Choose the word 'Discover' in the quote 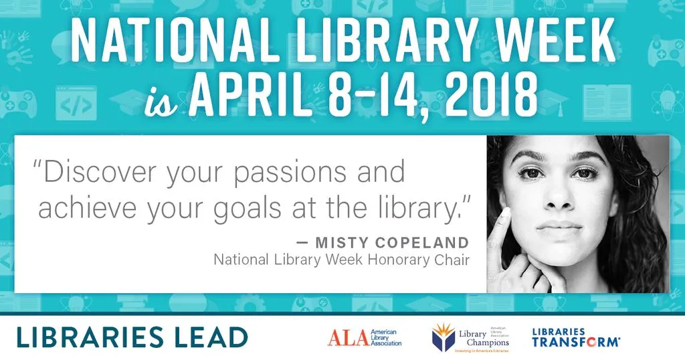(94, 171)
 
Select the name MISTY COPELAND (392, 242)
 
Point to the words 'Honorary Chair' (419, 260)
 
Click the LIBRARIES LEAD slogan (132, 337)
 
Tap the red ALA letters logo (348, 338)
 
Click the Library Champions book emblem (444, 337)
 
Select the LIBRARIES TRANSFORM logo (576, 338)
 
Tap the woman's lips (559, 228)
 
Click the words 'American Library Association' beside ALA (386, 337)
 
